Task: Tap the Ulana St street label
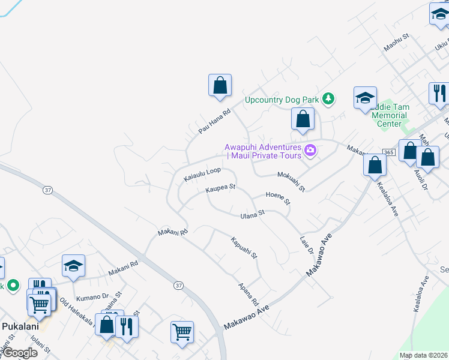click(x=252, y=214)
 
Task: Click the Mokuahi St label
click(x=291, y=180)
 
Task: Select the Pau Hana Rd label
click(x=214, y=121)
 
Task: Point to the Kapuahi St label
click(x=244, y=247)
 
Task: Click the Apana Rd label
click(x=248, y=295)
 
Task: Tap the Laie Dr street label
click(x=307, y=244)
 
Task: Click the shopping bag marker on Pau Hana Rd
click(x=220, y=86)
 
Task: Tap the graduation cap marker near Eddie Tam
click(x=365, y=99)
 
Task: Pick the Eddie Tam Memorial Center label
click(x=390, y=115)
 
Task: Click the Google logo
click(x=20, y=353)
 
